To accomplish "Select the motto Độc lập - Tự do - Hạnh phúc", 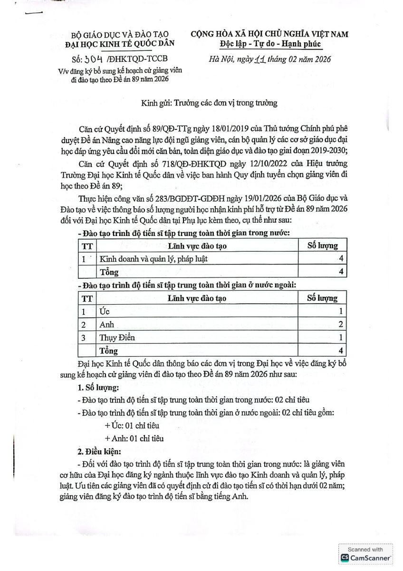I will click(270, 44).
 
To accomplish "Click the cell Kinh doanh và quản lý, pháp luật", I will click(154, 259).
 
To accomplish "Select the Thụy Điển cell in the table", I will click(117, 337).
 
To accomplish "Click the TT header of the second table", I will click(87, 298).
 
